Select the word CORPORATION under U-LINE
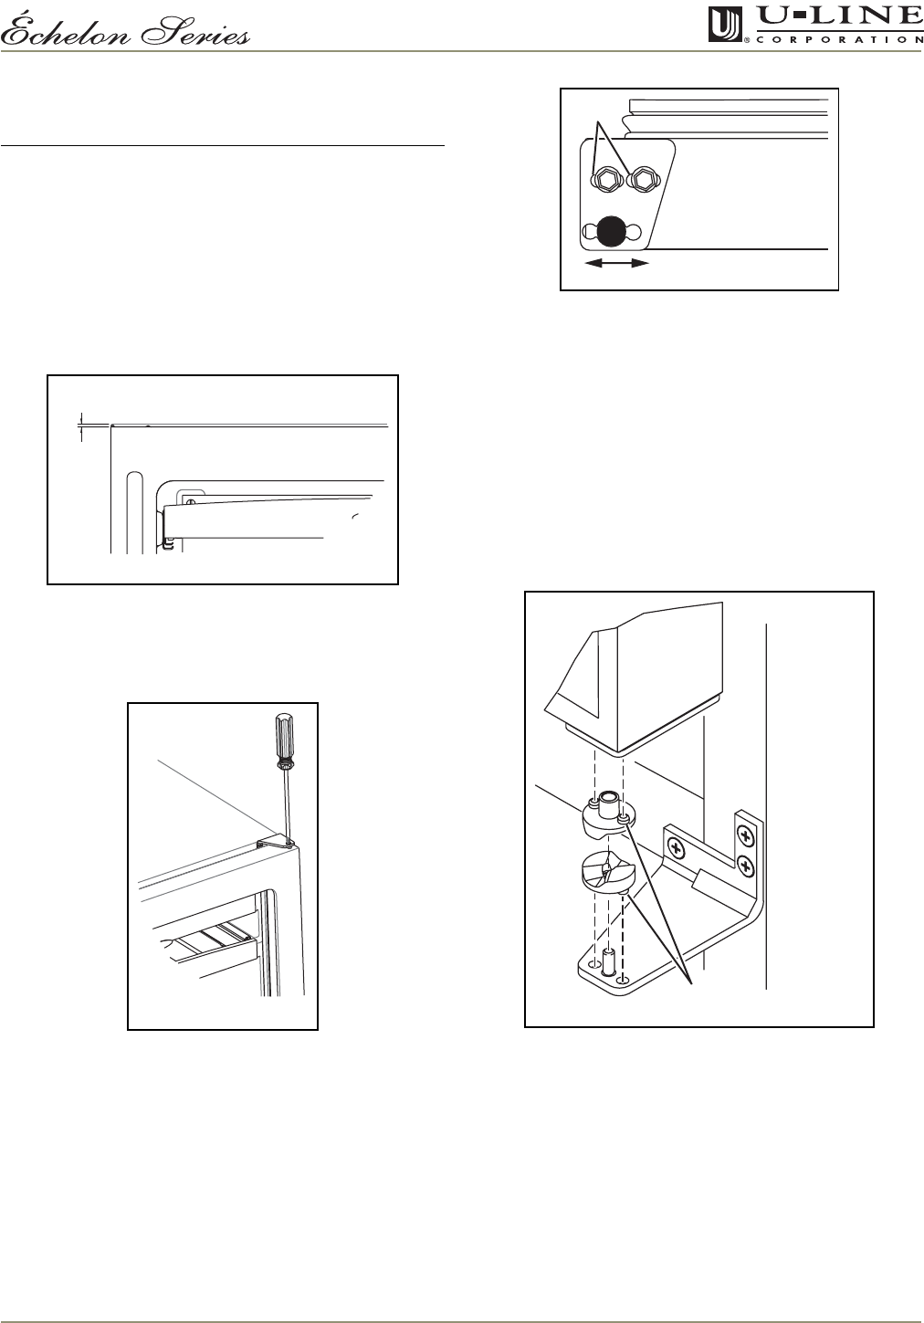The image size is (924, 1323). point(840,39)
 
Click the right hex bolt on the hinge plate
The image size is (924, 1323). point(644,178)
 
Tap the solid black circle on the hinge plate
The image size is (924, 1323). point(610,232)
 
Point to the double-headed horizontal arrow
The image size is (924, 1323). point(617,264)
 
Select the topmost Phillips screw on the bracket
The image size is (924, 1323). point(746,837)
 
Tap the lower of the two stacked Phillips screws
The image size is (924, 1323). point(746,867)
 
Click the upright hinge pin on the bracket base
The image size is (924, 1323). point(607,961)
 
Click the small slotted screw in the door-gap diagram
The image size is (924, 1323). point(190,501)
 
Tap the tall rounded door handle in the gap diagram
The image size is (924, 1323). point(135,512)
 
